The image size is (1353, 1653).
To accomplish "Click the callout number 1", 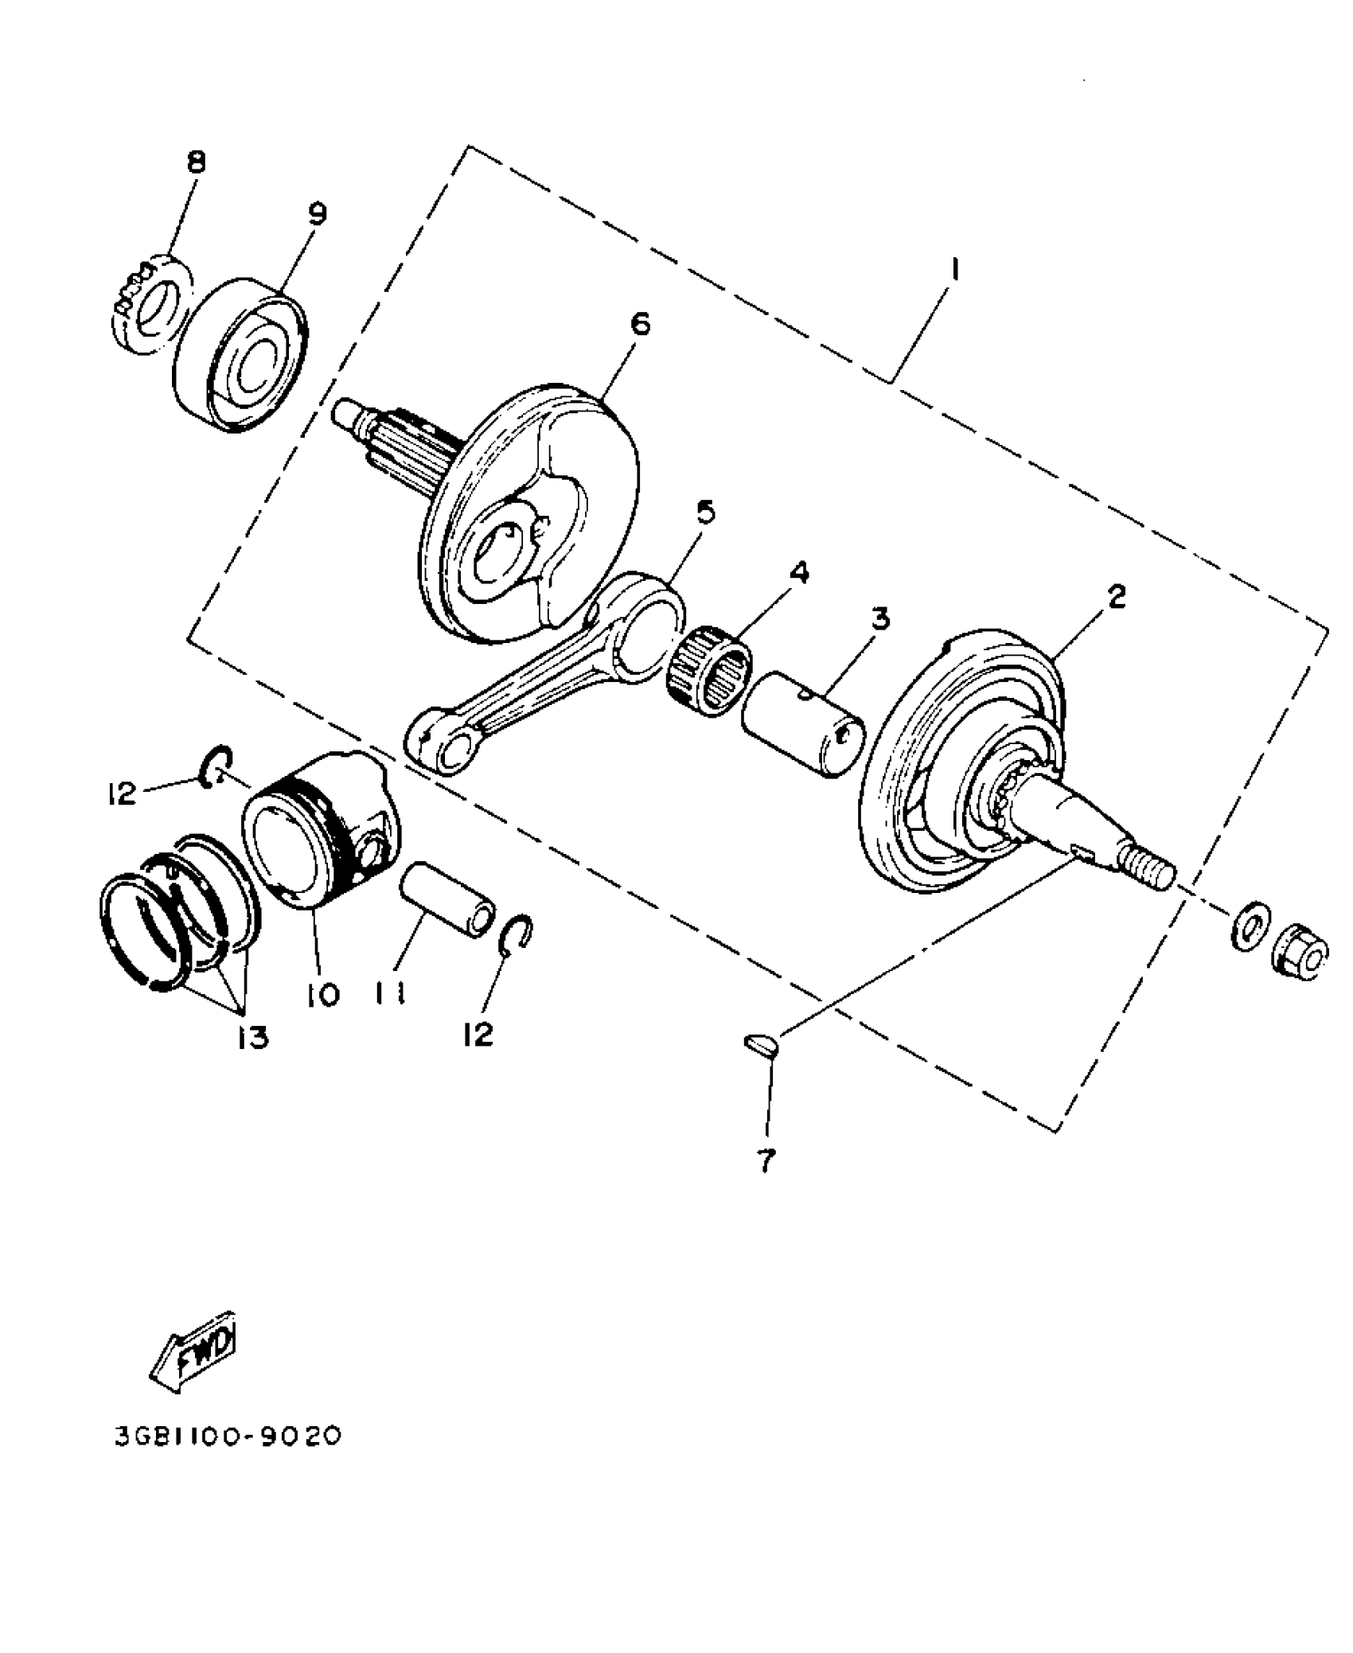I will (x=953, y=271).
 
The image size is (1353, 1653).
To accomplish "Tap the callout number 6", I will (x=638, y=324).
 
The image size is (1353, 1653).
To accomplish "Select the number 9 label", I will (x=317, y=214).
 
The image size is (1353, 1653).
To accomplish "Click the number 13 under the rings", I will (x=251, y=1037).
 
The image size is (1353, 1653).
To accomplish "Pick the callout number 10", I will (x=325, y=994).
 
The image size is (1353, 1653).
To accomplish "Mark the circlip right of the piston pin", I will (x=517, y=934).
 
